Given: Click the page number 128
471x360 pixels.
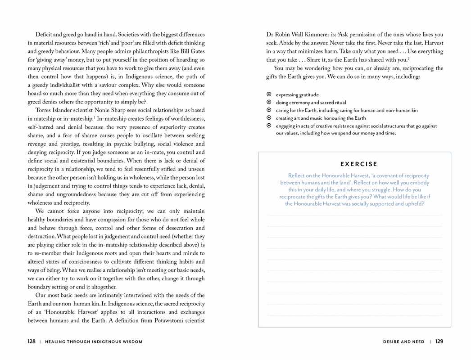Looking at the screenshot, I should click(x=32, y=342).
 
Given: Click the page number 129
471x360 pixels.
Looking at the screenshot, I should click(x=439, y=342).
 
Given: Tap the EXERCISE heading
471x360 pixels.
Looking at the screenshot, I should click(x=359, y=164).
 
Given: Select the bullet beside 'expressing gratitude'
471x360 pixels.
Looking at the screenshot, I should click(x=269, y=94).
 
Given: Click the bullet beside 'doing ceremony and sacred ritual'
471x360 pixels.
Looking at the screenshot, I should click(x=269, y=103).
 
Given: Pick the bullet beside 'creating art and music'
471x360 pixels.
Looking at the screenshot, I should click(x=269, y=118).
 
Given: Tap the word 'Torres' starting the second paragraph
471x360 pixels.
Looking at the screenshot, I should click(x=44, y=110).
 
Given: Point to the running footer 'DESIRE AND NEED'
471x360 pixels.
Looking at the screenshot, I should click(x=403, y=342).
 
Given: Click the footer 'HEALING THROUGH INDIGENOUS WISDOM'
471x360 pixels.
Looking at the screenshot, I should click(x=94, y=342).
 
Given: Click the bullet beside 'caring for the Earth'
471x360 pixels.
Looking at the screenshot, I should click(x=269, y=110).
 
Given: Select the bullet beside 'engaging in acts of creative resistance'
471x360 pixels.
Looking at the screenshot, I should click(x=269, y=126).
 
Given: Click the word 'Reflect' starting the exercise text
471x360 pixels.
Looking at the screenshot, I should click(x=298, y=175).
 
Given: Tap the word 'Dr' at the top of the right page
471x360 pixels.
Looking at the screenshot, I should click(x=270, y=35).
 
